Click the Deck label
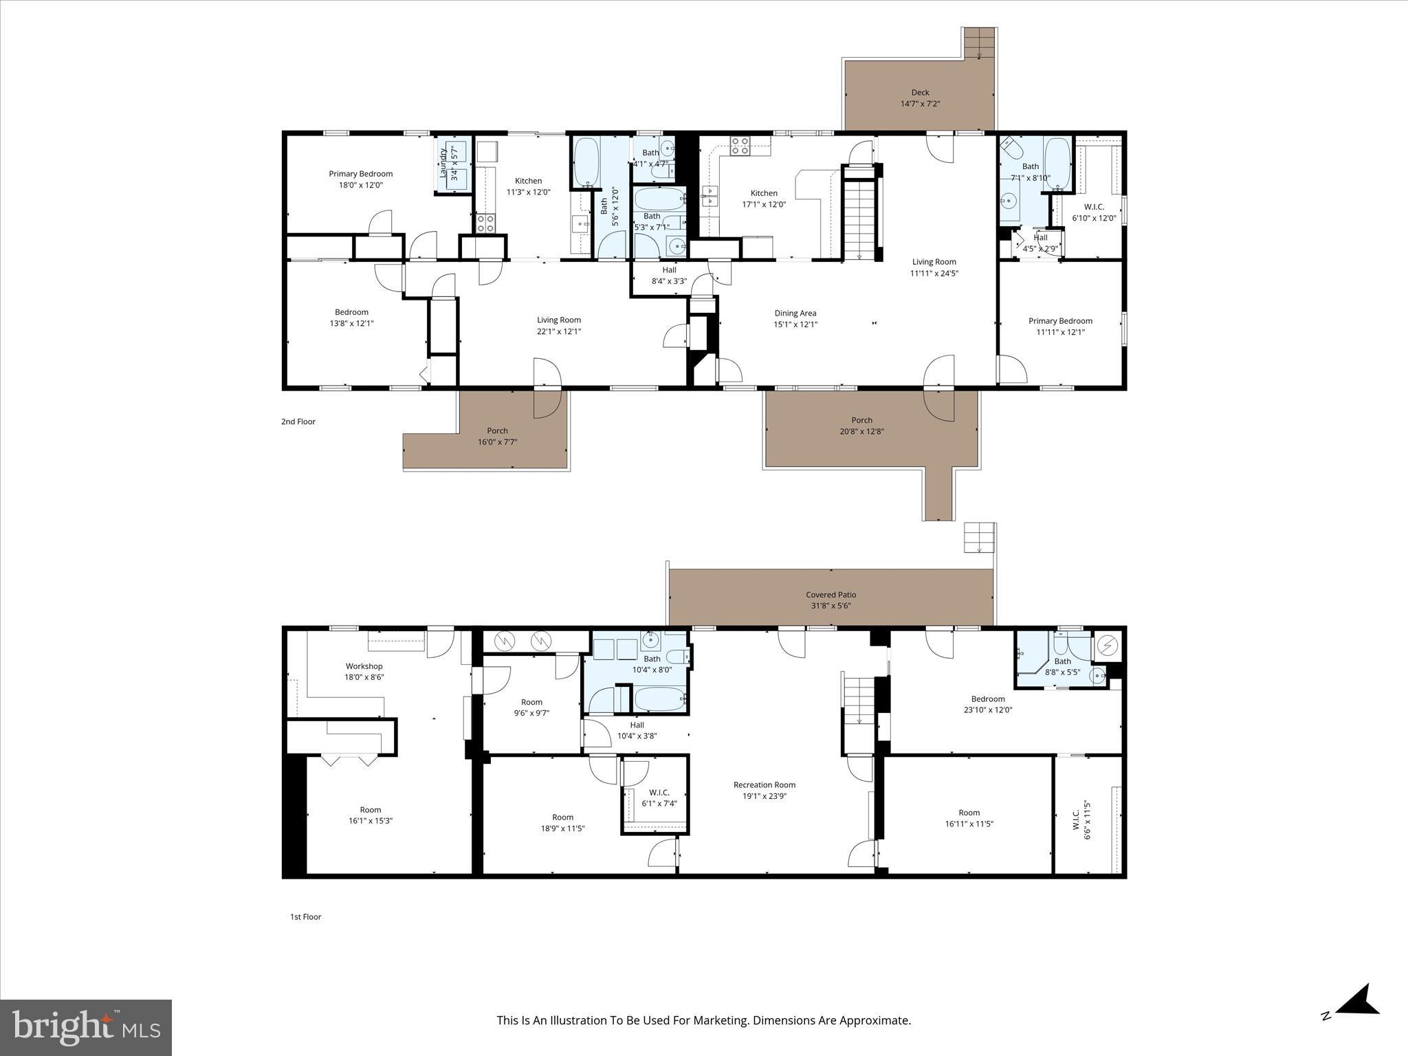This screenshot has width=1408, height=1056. click(x=920, y=92)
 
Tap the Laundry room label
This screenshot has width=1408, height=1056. click(x=444, y=164)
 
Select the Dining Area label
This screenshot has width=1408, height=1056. click(x=795, y=313)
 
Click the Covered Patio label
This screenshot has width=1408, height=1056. click(x=830, y=595)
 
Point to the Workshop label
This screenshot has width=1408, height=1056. click(x=364, y=666)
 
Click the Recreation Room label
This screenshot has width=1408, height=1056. click(x=764, y=784)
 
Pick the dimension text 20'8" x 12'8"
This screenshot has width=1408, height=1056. click(x=861, y=432)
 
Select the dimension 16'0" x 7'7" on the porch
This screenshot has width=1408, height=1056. click(x=497, y=442)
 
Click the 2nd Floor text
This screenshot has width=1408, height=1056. click(x=298, y=421)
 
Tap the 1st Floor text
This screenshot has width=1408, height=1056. click(x=305, y=916)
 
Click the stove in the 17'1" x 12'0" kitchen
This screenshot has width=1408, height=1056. click(x=740, y=146)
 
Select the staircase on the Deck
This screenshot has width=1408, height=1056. click(x=979, y=44)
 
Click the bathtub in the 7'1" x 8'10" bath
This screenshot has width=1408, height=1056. click(x=1057, y=163)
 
